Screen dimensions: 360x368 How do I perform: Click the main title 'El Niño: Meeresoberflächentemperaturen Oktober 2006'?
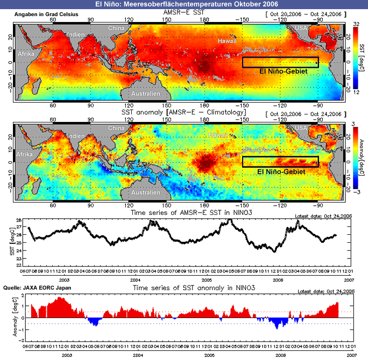pyautogui.click(x=183, y=4)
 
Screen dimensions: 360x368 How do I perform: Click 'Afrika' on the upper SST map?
pyautogui.click(x=27, y=54)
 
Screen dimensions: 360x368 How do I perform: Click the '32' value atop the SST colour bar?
pyautogui.click(x=356, y=24)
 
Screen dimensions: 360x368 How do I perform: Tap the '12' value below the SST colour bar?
pyautogui.click(x=356, y=92)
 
